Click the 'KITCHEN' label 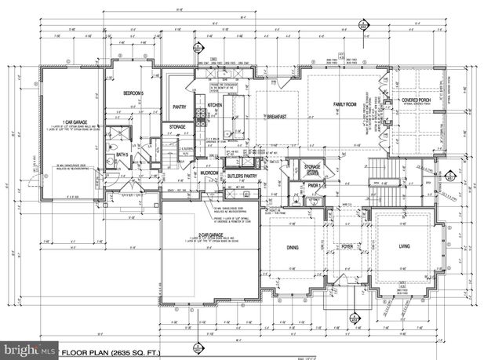[x=216, y=104]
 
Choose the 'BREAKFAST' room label [x=275, y=116]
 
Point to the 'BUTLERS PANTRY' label [x=242, y=176]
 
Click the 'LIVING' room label [x=405, y=247]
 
